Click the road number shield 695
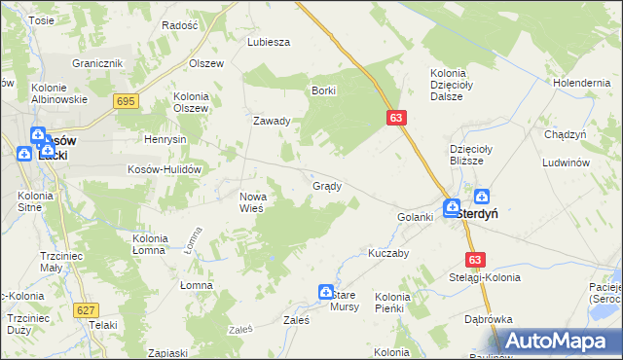126,101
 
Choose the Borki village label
323,90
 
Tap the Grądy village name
326,186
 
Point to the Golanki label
414,216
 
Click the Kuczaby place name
387,252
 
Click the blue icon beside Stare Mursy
326,291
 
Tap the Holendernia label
579,83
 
